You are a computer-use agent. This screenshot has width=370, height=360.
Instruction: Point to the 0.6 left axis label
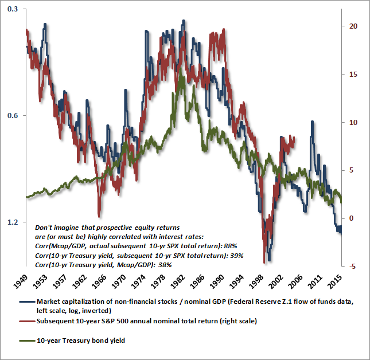(11, 116)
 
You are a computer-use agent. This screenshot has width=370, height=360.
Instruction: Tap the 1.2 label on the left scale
(11, 222)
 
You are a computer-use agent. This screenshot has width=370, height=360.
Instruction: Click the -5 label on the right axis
(352, 266)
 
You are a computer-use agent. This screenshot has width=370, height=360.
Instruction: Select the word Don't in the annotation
(44, 227)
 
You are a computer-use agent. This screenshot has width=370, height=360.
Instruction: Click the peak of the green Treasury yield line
(181, 69)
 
